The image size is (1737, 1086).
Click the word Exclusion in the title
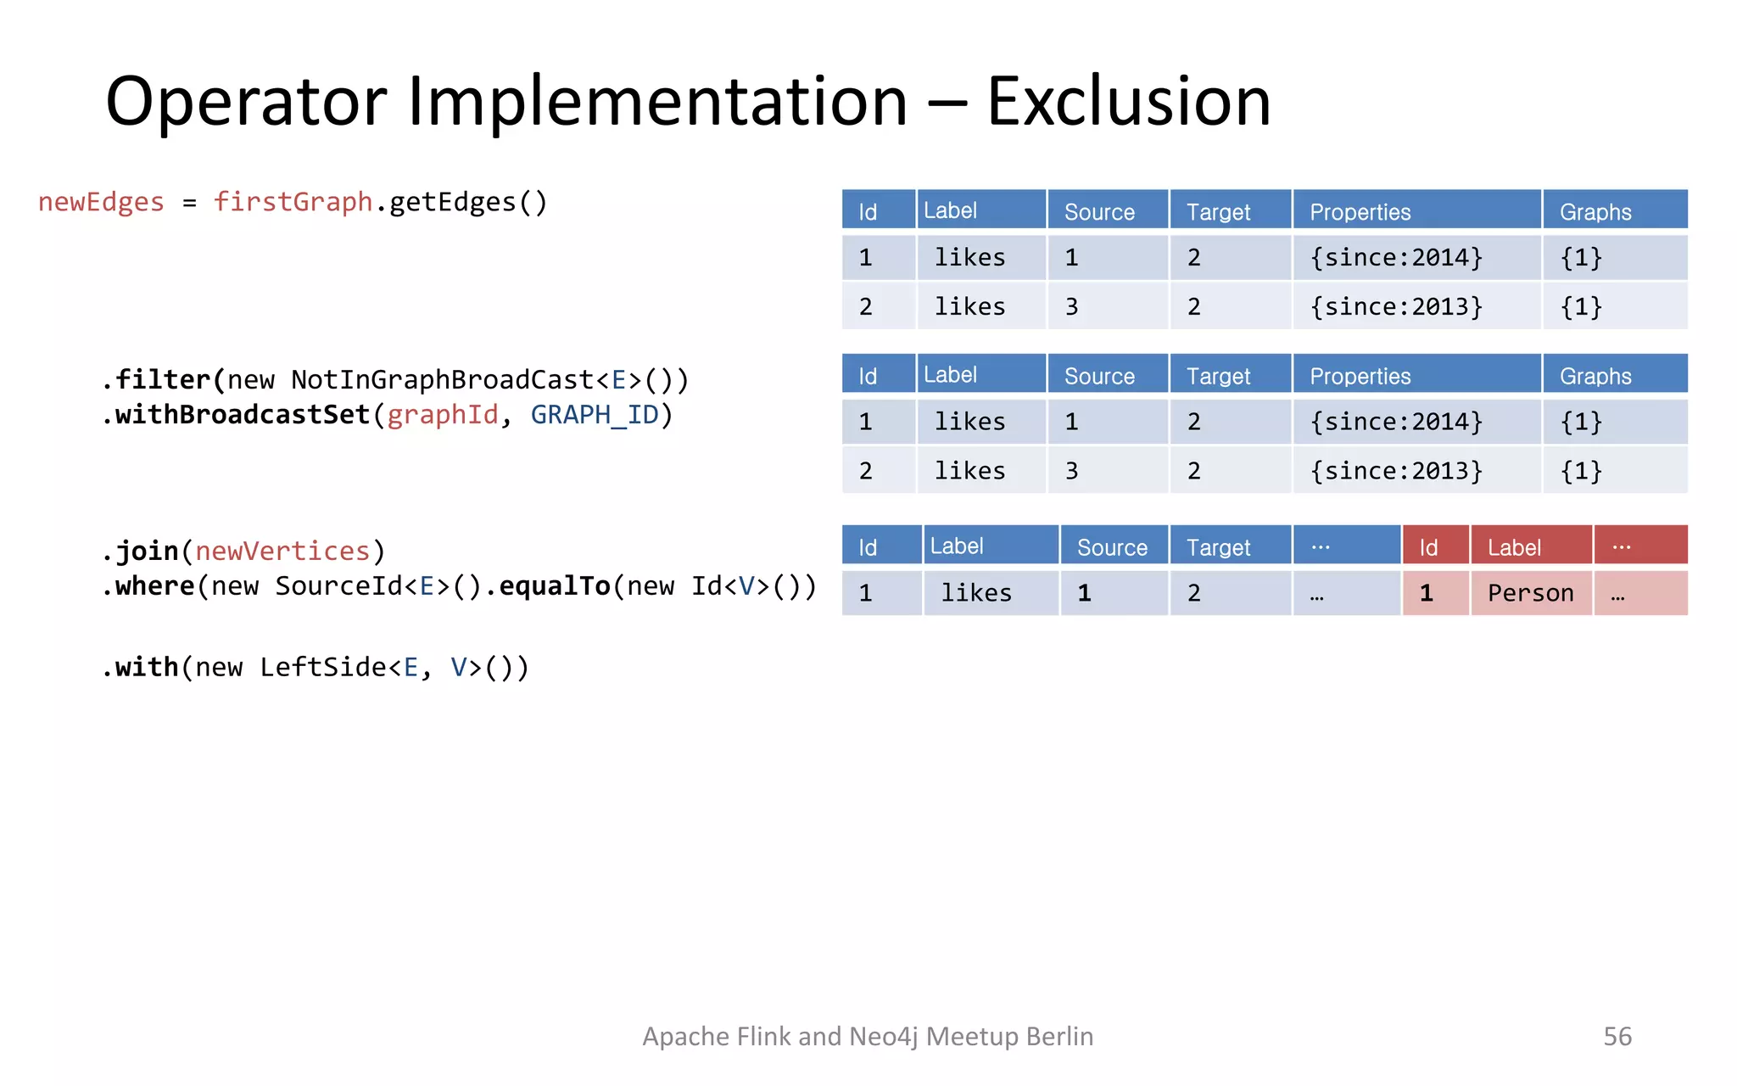1128,102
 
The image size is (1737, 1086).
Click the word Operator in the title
246,102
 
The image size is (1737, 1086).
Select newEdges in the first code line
101,202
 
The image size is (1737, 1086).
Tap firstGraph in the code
293,202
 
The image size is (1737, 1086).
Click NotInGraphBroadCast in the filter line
441,379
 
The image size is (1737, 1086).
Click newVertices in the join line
282,551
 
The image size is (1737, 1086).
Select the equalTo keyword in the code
554,586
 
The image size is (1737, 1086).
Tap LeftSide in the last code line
322,668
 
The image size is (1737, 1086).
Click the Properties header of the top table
1360,211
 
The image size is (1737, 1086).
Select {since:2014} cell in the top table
1396,257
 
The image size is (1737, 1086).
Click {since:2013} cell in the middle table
1396,471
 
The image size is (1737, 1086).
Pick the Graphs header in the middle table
1595,376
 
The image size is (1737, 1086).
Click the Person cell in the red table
1530,593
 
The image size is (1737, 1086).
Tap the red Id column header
1428,547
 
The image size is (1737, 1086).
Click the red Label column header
1514,547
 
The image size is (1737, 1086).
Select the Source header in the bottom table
1112,547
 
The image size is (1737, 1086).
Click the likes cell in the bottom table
976,593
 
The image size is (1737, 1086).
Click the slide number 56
1617,1036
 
